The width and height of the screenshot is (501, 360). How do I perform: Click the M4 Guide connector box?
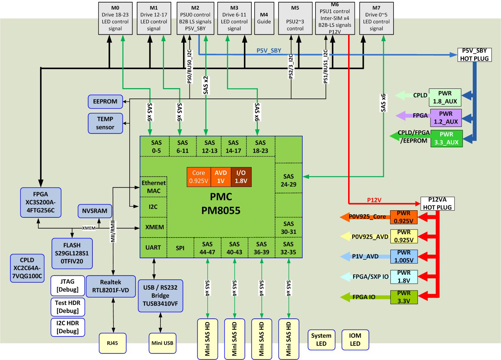264,18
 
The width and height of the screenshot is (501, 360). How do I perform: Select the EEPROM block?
105,102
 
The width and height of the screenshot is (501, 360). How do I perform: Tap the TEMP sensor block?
105,123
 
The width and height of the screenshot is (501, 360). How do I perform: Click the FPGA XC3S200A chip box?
40,202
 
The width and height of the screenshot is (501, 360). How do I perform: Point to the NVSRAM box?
95,211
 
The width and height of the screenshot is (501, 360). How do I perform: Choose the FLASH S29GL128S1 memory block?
72,253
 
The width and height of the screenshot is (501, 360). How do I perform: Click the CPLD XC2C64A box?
27,268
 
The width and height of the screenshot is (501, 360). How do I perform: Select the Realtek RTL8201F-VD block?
111,286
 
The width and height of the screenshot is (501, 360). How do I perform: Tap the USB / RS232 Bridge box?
160,296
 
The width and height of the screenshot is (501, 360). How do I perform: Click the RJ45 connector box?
112,343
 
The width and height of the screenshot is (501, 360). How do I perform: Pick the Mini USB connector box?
162,343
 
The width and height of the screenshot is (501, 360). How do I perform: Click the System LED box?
321,340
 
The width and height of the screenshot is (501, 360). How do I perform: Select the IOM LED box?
355,340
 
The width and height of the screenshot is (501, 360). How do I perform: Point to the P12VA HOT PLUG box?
437,203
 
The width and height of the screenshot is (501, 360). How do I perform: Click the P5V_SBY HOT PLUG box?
474,55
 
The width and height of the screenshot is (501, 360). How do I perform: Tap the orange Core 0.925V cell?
199,177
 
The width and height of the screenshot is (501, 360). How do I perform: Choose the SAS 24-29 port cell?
289,180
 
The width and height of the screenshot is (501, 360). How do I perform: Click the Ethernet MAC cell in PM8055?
154,187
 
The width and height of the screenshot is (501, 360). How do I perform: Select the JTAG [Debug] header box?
68,285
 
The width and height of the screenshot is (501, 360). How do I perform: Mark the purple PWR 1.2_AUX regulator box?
446,118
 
